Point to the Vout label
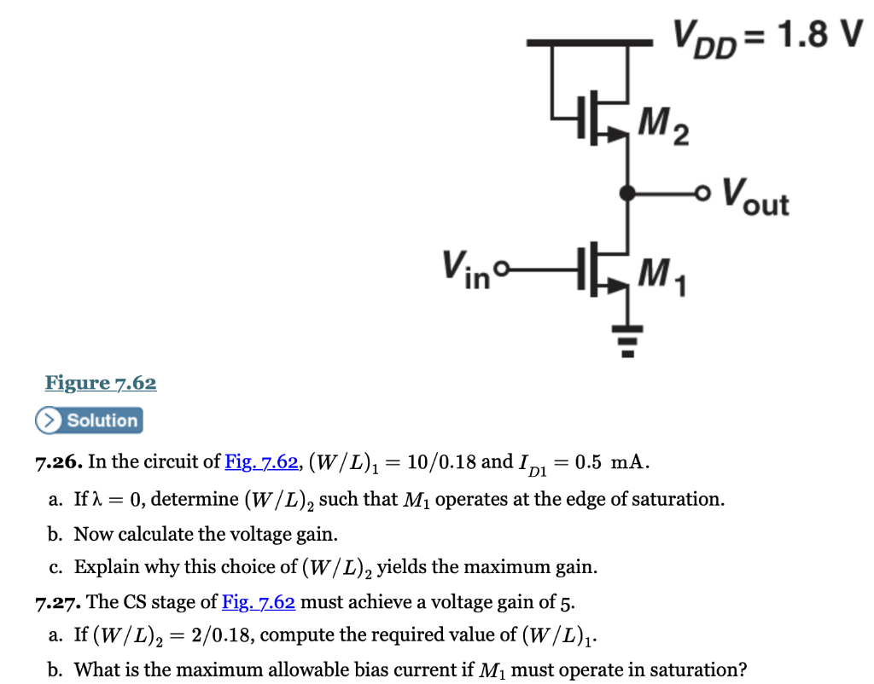point(756,198)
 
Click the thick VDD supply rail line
point(589,42)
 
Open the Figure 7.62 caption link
point(101,383)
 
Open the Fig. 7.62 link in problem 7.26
point(261,463)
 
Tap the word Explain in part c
point(102,567)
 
